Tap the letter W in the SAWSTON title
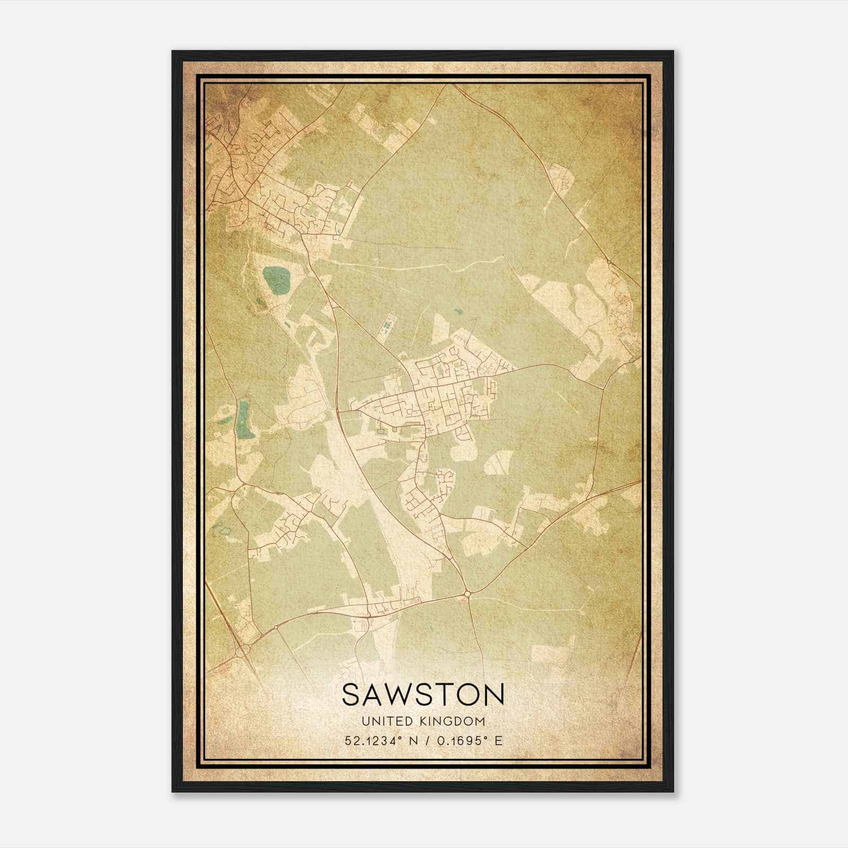[398, 695]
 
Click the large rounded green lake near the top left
[277, 280]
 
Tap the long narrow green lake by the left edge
[244, 419]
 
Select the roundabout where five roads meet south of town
[467, 595]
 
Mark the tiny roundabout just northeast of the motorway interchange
[276, 627]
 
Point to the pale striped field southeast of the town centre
[499, 462]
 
